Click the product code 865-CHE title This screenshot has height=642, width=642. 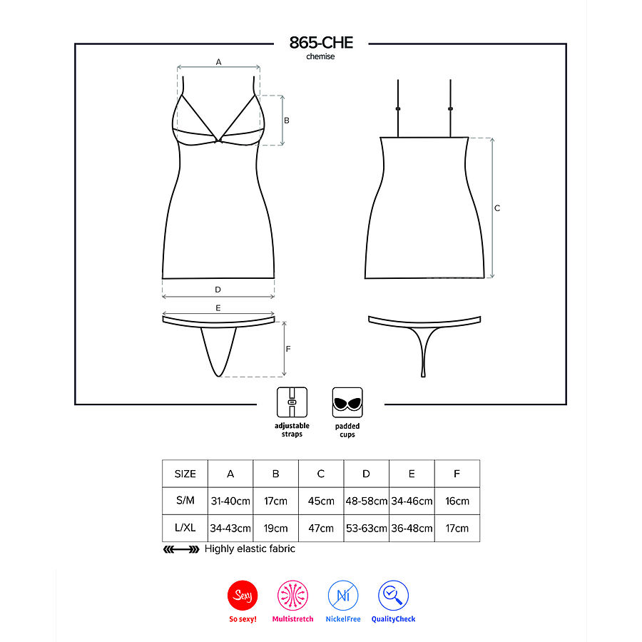(x=320, y=43)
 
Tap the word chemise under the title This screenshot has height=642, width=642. (x=320, y=57)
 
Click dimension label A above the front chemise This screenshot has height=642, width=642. (x=218, y=62)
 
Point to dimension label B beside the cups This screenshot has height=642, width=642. (x=286, y=121)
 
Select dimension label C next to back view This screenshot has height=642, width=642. (x=497, y=208)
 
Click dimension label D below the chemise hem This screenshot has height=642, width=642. (x=218, y=290)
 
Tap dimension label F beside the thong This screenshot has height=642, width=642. (x=287, y=350)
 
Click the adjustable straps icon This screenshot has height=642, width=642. (x=292, y=402)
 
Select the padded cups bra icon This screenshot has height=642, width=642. (x=347, y=402)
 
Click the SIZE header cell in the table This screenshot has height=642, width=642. (x=185, y=474)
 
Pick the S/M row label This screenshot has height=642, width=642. (x=185, y=501)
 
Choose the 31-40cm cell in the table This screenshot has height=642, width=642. (x=230, y=501)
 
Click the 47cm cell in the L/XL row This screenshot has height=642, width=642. (x=321, y=528)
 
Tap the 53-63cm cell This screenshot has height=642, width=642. (x=366, y=528)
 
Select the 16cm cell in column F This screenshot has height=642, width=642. (x=457, y=501)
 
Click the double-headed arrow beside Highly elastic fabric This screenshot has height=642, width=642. (x=181, y=549)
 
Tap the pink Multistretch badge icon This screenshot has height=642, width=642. (x=292, y=595)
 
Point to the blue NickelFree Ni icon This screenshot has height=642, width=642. (x=342, y=595)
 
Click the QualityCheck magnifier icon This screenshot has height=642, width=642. (x=393, y=595)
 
